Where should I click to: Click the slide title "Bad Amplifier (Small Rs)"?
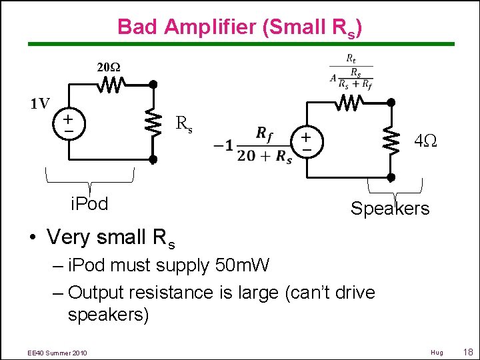240,27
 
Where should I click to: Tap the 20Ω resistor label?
109,67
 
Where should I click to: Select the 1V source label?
39,103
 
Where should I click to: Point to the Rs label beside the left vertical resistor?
184,124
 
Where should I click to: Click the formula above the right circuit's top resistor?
351,69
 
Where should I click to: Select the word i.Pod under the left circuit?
89,204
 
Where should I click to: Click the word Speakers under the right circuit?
390,209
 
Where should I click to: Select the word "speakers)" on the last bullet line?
108,315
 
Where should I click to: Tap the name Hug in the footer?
437,352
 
